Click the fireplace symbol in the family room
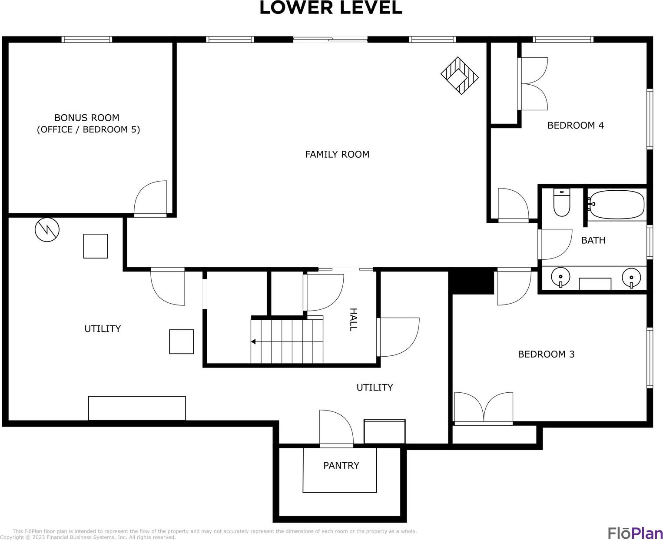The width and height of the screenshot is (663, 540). pos(459,76)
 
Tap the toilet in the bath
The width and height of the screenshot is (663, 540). pos(561,202)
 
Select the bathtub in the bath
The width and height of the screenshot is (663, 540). pos(617,205)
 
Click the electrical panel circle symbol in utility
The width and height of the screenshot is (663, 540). pos(47,230)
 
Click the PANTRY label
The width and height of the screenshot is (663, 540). pos(341,465)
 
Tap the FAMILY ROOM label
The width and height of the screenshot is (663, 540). pos(337,154)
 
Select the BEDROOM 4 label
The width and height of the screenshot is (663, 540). pos(576,125)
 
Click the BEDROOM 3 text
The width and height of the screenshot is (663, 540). pos(546,354)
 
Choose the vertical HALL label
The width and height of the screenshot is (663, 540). pos(353,320)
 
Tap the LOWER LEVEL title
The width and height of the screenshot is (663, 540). pos(331,8)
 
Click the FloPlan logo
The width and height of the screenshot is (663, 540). pos(635,533)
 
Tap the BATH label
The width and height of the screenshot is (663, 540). pos(593,240)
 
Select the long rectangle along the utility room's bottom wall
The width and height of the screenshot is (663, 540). pos(137,408)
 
